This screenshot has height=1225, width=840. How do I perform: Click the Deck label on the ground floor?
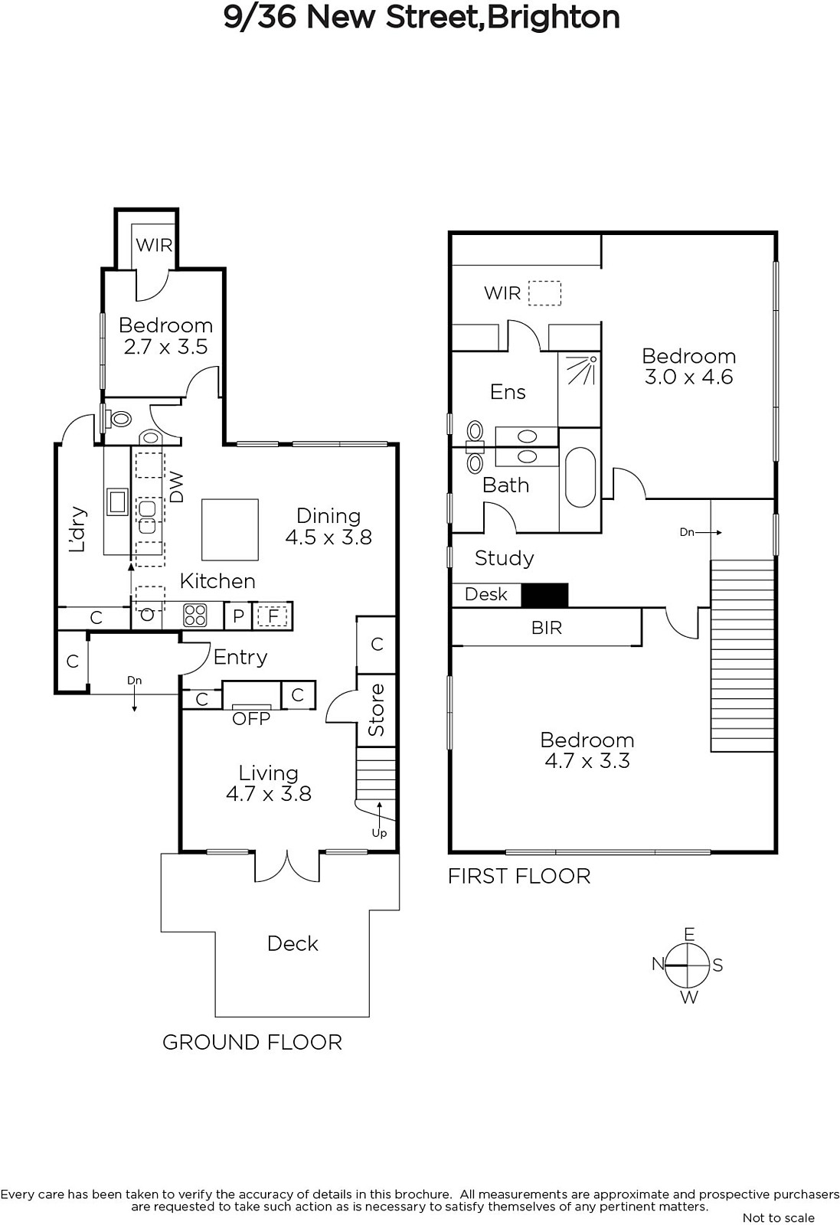pyautogui.click(x=293, y=943)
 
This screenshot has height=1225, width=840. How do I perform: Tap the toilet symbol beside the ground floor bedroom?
pyautogui.click(x=121, y=420)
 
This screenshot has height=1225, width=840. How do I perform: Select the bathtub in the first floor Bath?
pyautogui.click(x=580, y=479)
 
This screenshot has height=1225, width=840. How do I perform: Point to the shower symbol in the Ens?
pyautogui.click(x=580, y=371)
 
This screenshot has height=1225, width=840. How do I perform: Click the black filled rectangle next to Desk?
pyautogui.click(x=544, y=595)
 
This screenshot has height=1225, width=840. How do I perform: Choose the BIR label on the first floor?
pyautogui.click(x=547, y=628)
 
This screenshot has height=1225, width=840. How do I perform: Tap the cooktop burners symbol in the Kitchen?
pyautogui.click(x=195, y=614)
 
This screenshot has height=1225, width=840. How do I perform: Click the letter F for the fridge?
pyautogui.click(x=273, y=616)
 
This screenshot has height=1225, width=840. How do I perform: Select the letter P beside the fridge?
pyautogui.click(x=238, y=616)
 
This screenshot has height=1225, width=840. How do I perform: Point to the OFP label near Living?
pyautogui.click(x=251, y=719)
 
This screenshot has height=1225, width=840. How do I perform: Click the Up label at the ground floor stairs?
pyautogui.click(x=379, y=833)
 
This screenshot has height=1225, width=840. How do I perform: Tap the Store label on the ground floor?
pyautogui.click(x=376, y=709)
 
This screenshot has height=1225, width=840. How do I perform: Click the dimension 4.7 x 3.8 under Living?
pyautogui.click(x=269, y=793)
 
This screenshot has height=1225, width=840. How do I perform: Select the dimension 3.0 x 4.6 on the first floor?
pyautogui.click(x=688, y=377)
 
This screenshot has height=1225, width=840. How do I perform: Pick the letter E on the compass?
pyautogui.click(x=689, y=934)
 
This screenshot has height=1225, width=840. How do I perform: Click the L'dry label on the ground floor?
pyautogui.click(x=77, y=529)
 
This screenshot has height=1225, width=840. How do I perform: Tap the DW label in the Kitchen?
pyautogui.click(x=177, y=488)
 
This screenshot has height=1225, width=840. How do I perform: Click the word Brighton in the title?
pyautogui.click(x=553, y=18)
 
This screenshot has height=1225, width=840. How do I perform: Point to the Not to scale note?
pyautogui.click(x=779, y=1217)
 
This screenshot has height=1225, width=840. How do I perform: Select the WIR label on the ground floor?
pyautogui.click(x=154, y=245)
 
